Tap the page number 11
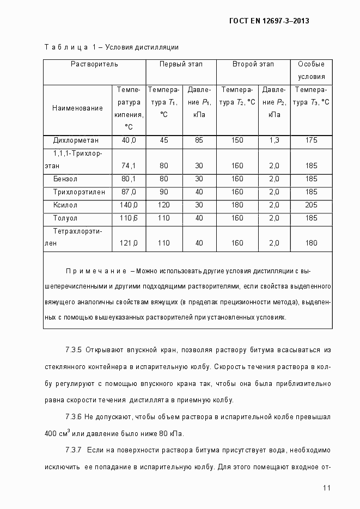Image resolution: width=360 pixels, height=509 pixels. pos(327,488)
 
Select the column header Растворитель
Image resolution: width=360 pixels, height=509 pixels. pos(94,64)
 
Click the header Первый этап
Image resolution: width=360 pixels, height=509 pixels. pos(181,64)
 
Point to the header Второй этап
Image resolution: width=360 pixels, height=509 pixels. pos(253,64)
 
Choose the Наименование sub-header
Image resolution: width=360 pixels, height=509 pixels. pos(77,108)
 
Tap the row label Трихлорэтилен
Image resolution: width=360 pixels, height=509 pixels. pos(76,192)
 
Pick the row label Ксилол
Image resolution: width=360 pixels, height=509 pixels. pos(65,205)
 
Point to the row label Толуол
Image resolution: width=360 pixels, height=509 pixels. pos(65,218)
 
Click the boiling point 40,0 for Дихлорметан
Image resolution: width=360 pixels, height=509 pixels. pos(129,140)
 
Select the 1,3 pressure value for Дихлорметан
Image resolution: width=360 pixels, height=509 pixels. pos(274,140)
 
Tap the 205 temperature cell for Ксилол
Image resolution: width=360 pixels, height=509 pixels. pos(312,205)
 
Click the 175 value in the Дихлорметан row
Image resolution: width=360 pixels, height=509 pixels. pos(312,140)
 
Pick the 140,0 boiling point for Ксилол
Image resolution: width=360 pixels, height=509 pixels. pos(129,205)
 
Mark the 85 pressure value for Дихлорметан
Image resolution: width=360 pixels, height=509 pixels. pos(199,140)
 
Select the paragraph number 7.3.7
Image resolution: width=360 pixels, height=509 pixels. pos(74,451)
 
